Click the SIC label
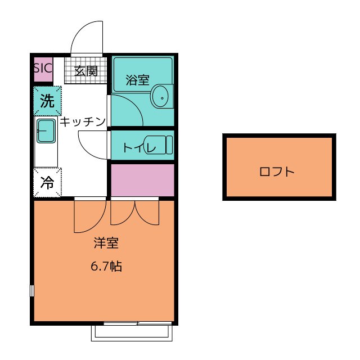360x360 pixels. (x=43, y=69)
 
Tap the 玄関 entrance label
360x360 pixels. (x=86, y=71)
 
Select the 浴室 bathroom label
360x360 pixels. (x=138, y=80)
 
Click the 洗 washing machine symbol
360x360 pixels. (x=47, y=101)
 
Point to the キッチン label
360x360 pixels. (x=83, y=121)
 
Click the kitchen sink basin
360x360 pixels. (x=46, y=131)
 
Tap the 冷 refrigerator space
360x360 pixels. (x=47, y=183)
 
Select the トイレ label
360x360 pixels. (x=132, y=148)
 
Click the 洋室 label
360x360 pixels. (x=106, y=244)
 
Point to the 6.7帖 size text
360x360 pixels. (x=106, y=266)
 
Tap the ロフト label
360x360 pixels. (x=277, y=172)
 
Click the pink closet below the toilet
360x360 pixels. (x=142, y=180)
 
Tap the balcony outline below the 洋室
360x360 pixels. (x=132, y=333)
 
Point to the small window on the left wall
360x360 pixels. (x=32, y=291)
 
